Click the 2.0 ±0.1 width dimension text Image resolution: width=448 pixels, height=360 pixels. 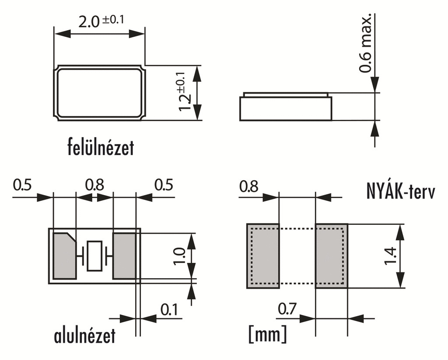tap(101, 21)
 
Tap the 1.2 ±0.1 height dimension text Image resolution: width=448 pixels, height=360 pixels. tap(185, 91)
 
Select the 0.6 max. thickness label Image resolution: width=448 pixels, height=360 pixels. tap(366, 42)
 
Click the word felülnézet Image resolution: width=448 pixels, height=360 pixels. tap(101, 147)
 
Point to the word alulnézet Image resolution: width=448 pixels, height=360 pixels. tap(84, 335)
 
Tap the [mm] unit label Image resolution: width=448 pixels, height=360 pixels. tap(267, 334)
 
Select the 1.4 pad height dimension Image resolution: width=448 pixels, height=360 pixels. tap(390, 256)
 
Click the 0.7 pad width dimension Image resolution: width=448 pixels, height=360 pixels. tap(287, 309)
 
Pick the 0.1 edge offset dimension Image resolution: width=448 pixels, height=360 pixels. tap(169, 310)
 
